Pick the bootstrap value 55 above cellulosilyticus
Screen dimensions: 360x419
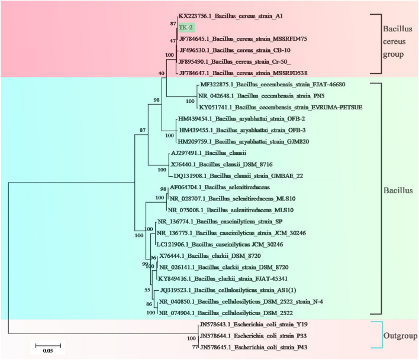tap(147, 290)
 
